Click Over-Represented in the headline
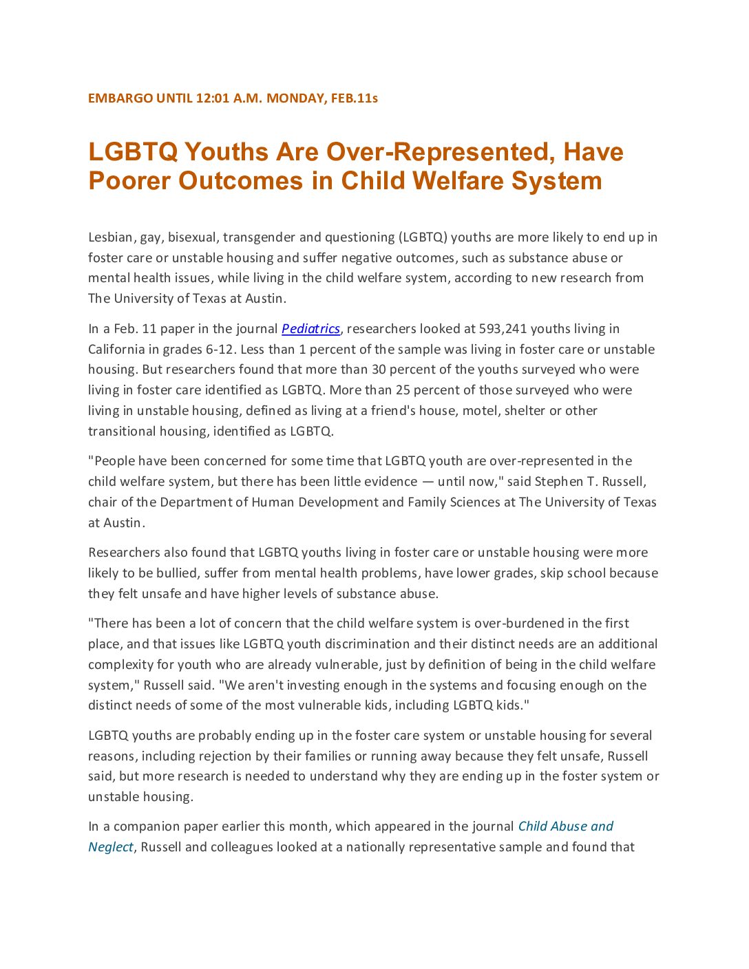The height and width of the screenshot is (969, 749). click(441, 152)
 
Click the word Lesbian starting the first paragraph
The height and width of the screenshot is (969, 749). click(110, 237)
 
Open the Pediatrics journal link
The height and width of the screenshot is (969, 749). click(310, 329)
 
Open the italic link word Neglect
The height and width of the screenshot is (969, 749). click(110, 847)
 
